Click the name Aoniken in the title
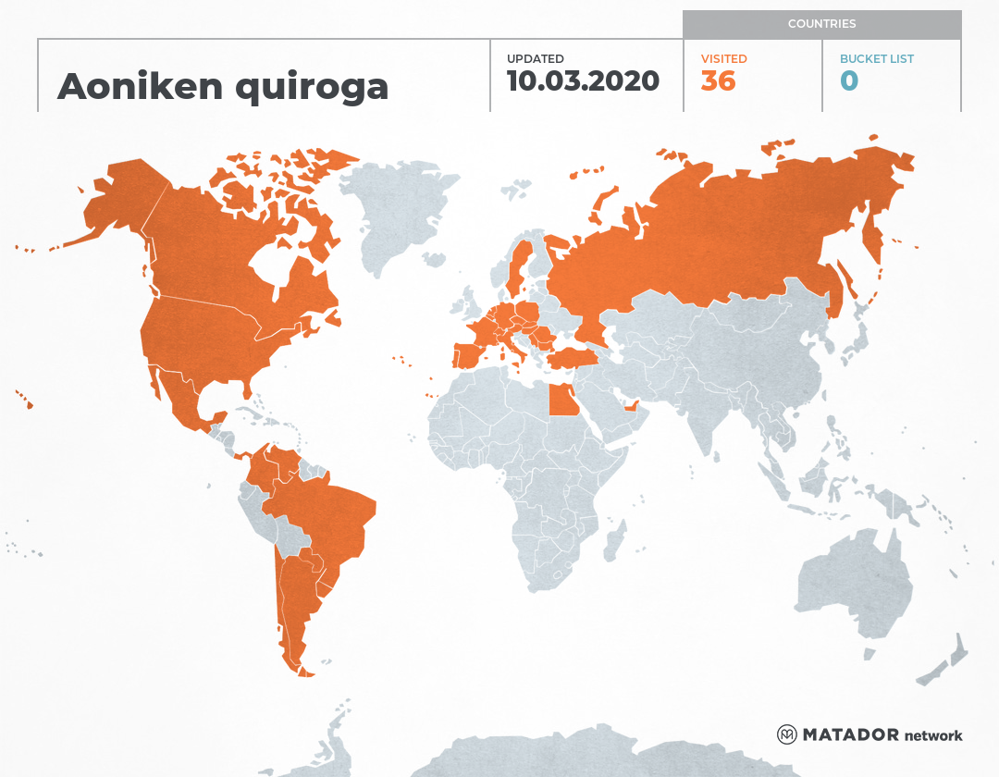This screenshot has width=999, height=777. [140, 85]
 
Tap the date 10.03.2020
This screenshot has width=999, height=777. [583, 81]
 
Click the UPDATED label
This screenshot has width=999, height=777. [535, 59]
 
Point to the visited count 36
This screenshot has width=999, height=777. [718, 81]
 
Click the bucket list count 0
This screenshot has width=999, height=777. [849, 81]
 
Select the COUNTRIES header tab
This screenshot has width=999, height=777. [821, 24]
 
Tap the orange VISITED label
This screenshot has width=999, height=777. [723, 59]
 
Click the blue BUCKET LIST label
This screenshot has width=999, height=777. [876, 59]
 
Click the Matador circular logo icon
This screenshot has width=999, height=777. [786, 735]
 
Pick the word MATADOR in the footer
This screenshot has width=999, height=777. [850, 735]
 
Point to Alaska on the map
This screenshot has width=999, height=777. [116, 203]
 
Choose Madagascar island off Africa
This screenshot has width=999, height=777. [613, 541]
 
